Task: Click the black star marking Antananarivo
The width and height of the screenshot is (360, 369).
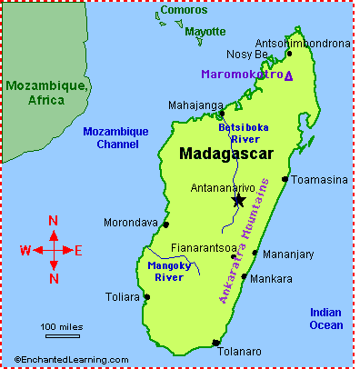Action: tap(238, 200)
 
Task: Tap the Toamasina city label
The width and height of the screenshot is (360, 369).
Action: tap(320, 179)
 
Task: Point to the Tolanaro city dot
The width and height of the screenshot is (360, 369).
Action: tap(215, 343)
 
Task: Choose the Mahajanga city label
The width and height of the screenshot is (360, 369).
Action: tap(195, 105)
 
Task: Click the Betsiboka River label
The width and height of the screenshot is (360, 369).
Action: tap(241, 134)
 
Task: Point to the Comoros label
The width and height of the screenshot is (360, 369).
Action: tap(177, 12)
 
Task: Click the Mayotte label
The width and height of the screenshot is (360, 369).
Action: tap(205, 31)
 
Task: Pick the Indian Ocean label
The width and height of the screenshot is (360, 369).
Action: tap(325, 318)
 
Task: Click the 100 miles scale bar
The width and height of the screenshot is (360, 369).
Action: tap(61, 333)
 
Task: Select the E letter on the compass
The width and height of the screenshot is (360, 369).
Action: tap(78, 250)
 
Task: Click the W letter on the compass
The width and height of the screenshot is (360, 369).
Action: tap(25, 250)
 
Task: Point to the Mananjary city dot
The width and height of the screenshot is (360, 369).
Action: tap(255, 254)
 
